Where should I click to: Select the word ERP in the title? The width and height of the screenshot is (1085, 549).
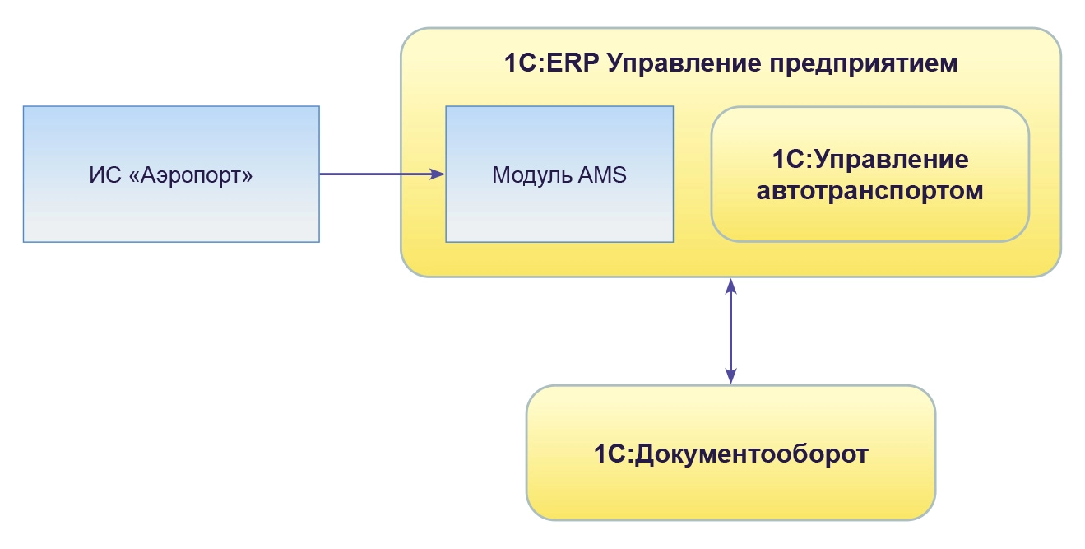pyautogui.click(x=570, y=63)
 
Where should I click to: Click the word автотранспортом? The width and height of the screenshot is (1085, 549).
pyautogui.click(x=869, y=191)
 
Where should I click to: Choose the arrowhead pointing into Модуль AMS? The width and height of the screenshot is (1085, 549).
pyautogui.click(x=438, y=174)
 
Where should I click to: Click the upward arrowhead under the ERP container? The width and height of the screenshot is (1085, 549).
pyautogui.click(x=730, y=286)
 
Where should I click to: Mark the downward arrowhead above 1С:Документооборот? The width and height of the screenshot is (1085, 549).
pyautogui.click(x=730, y=376)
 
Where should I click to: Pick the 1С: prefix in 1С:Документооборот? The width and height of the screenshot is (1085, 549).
pyautogui.click(x=613, y=454)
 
